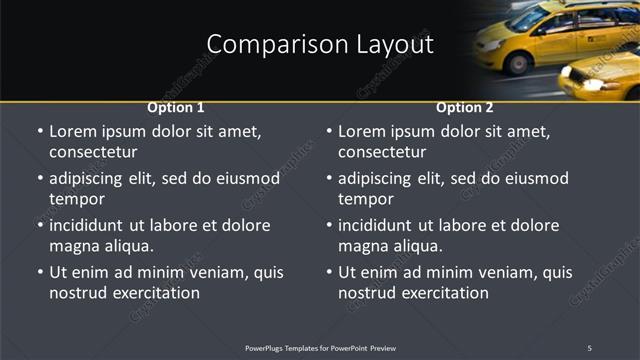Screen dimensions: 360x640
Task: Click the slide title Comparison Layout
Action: pyautogui.click(x=320, y=45)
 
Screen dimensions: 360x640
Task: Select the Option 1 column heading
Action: pyautogui.click(x=176, y=107)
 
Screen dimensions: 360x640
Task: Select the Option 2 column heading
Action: pyautogui.click(x=465, y=107)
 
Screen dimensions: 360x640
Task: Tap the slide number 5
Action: pyautogui.click(x=589, y=348)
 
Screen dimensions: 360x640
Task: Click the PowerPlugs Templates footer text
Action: pyautogui.click(x=320, y=348)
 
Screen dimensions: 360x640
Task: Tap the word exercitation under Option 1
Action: pyautogui.click(x=153, y=293)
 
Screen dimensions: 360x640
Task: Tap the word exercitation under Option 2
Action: pyautogui.click(x=442, y=293)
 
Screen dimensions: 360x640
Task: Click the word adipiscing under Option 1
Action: pyautogui.click(x=94, y=179)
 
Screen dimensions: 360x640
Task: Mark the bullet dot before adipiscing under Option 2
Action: pyautogui.click(x=329, y=179)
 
